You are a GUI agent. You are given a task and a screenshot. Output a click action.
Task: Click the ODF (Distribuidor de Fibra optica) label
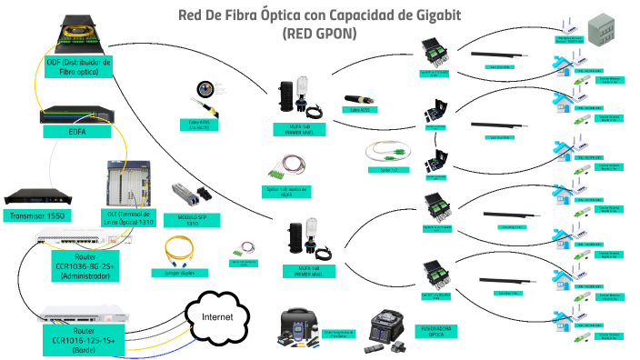click(x=79, y=67)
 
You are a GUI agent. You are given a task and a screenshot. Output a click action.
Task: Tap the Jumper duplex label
click(x=185, y=272)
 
